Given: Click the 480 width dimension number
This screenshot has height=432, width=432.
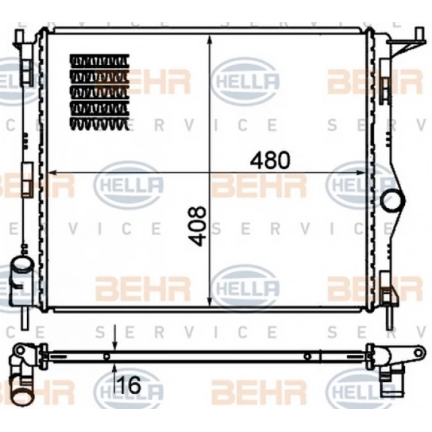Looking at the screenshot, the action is click(x=270, y=160).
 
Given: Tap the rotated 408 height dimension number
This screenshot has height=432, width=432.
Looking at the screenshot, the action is click(x=197, y=226).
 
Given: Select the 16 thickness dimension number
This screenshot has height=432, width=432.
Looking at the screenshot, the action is click(x=129, y=385).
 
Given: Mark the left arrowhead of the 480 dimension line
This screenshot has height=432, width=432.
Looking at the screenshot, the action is click(x=52, y=173).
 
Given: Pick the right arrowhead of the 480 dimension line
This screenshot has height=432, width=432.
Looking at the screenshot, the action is click(x=360, y=173).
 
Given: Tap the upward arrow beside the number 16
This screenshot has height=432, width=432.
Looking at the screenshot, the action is click(x=115, y=380).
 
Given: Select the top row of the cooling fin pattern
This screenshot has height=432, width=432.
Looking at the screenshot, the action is click(x=99, y=60).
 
